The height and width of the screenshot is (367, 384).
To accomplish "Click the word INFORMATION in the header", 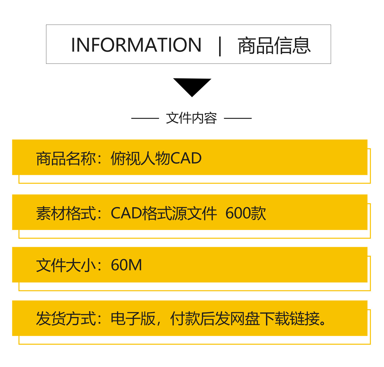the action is (136, 45).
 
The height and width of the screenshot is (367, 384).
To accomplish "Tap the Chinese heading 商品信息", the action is (274, 46).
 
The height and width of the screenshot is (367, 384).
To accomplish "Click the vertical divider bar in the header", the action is (220, 46).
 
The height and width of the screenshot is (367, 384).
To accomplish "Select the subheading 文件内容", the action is (191, 118).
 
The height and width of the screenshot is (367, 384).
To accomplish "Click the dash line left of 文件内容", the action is (145, 118).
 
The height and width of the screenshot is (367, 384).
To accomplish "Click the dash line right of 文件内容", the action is (238, 118).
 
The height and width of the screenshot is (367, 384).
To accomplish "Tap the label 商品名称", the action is (66, 159).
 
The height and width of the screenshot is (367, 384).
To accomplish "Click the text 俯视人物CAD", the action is (156, 159).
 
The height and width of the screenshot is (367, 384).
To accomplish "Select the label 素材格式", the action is (66, 213).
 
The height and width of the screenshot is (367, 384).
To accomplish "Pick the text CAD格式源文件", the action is (164, 213).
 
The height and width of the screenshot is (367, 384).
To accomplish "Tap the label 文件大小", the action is (66, 265).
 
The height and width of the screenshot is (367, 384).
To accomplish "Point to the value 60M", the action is (126, 265).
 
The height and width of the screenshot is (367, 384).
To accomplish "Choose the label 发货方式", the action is (66, 319).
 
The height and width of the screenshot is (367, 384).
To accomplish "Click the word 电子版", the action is (133, 319).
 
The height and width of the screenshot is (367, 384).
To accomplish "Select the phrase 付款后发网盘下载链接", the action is (245, 319).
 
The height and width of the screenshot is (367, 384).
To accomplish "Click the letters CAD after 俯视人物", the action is (186, 159).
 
